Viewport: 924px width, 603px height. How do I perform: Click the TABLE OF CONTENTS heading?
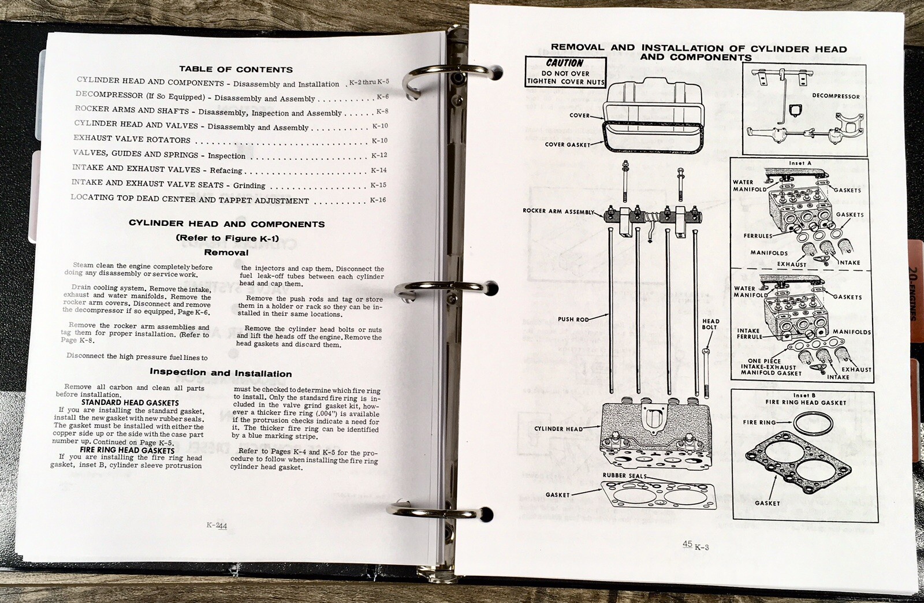click(236, 69)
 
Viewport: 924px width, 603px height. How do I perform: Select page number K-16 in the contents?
click(378, 200)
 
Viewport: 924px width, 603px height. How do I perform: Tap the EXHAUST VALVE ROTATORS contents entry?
click(132, 139)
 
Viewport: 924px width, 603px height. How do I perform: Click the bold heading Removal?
click(226, 252)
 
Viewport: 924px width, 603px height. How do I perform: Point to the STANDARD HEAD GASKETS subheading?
click(130, 403)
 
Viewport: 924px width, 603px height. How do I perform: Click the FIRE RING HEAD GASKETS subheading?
click(127, 450)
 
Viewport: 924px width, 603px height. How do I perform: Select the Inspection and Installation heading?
click(221, 373)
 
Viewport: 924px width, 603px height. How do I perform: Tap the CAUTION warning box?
click(565, 72)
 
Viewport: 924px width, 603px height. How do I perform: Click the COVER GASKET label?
click(567, 144)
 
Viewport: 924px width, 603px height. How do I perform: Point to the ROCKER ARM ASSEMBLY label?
click(558, 211)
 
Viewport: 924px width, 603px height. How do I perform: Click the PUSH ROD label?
click(573, 319)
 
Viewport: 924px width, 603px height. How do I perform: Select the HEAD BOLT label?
click(710, 324)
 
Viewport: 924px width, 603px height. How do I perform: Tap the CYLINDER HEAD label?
click(558, 429)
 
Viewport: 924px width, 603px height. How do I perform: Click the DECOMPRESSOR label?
click(835, 96)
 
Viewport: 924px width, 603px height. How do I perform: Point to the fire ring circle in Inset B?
click(813, 423)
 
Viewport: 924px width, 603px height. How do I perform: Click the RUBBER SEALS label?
click(624, 475)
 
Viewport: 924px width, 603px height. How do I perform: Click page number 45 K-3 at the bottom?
click(695, 546)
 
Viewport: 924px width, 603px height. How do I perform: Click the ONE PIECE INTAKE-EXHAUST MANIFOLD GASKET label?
click(772, 367)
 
